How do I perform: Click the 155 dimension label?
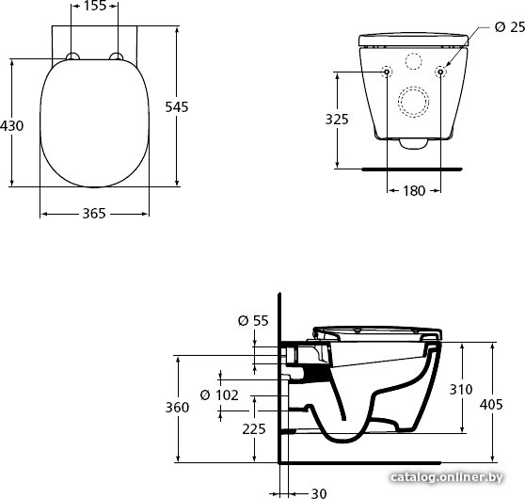click(94, 6)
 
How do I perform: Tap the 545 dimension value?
click(177, 107)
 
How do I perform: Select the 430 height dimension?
click(11, 126)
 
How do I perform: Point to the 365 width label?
click(94, 214)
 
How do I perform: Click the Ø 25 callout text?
click(510, 27)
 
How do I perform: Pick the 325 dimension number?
click(337, 120)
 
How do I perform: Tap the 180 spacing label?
click(414, 191)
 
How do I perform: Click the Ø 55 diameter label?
click(253, 321)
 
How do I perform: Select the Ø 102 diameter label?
click(219, 395)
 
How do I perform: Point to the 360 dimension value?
click(177, 408)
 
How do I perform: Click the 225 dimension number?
click(254, 429)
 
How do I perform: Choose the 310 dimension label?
click(461, 390)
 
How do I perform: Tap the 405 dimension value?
click(491, 405)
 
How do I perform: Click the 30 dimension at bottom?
click(319, 493)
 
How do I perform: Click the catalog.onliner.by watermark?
click(447, 477)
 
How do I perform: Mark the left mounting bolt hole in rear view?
click(387, 72)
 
